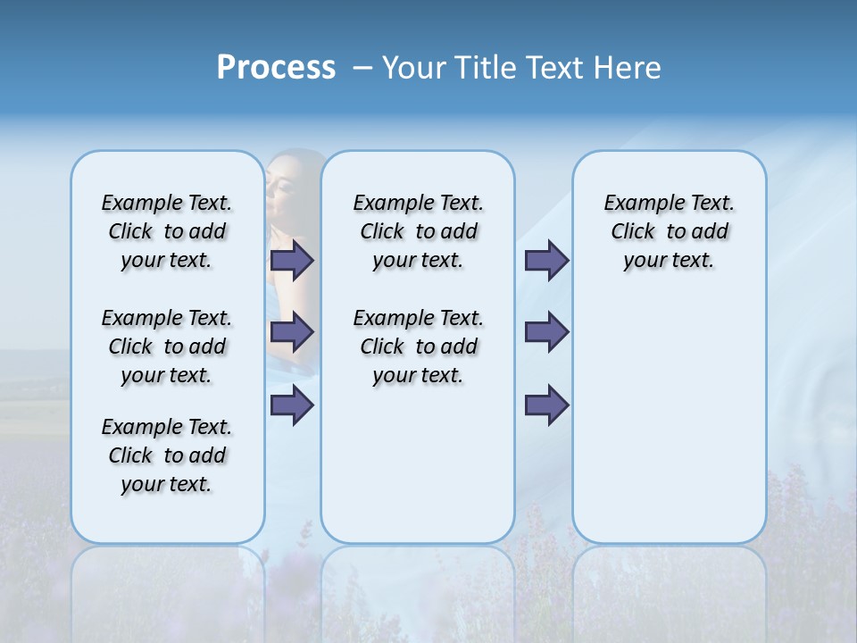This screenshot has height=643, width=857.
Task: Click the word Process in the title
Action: pos(276,68)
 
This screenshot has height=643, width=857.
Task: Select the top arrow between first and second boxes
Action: pos(292,261)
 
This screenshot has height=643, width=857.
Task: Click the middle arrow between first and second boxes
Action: pos(292,333)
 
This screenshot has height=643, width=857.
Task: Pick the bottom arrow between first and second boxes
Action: pos(292,405)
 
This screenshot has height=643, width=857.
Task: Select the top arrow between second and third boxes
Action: pos(546,261)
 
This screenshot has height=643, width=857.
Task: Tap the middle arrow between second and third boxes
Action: pos(546,333)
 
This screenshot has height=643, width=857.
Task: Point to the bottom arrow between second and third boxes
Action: pos(546,405)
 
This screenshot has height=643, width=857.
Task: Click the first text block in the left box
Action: pos(167,231)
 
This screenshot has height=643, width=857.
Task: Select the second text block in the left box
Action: pos(167,347)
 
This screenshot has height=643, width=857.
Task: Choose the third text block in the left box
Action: pos(167,455)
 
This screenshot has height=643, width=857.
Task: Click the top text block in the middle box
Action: pos(418,231)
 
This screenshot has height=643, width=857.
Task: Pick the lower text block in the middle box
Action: pos(418,347)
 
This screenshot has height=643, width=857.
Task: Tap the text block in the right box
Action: pos(670,231)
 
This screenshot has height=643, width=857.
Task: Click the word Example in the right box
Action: pos(639,204)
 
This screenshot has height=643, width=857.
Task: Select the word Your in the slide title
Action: pos(413,68)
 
